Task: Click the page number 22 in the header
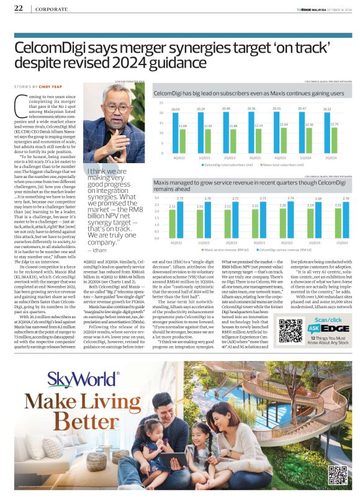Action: pyautogui.click(x=19, y=9)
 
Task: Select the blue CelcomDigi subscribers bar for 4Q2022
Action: pyautogui.click(x=176, y=133)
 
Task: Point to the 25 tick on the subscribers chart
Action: pyautogui.click(x=161, y=103)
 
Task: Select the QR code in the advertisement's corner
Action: pyautogui.click(x=337, y=474)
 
